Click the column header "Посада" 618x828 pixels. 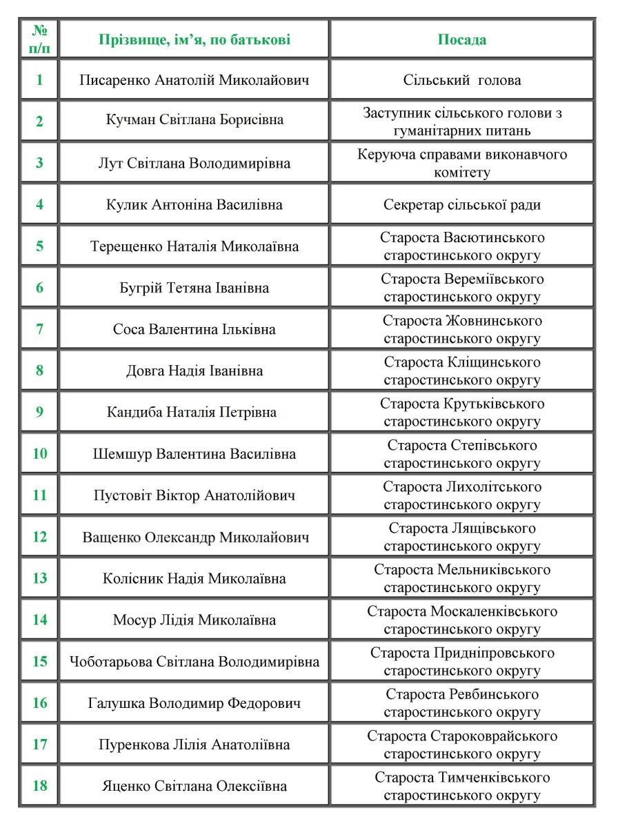point(461,39)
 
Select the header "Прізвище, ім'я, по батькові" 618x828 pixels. point(194,39)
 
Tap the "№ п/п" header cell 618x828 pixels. point(39,39)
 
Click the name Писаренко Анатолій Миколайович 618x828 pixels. point(194,80)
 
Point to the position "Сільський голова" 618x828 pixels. point(461,80)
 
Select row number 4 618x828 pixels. point(39,205)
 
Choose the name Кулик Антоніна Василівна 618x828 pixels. point(194,205)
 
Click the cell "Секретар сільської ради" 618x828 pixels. point(461,205)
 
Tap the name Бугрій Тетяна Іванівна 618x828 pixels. point(194,288)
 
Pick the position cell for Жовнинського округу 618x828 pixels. point(461,329)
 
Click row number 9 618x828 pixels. point(39,413)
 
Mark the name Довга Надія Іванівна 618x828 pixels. point(194,371)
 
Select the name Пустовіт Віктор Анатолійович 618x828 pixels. point(194,495)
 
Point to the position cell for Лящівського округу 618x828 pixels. point(461,537)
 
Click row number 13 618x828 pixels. point(39,578)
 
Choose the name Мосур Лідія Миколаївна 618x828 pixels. point(194,620)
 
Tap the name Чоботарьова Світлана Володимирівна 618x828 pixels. point(194,662)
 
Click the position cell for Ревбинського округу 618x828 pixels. point(461,703)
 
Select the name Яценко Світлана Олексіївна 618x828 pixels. point(194,786)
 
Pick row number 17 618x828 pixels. point(39,745)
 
